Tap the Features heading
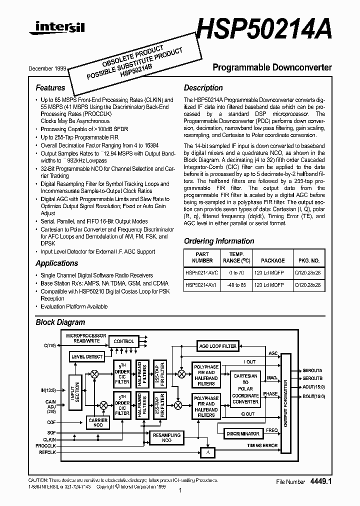(50, 88)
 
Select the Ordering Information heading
(219, 241)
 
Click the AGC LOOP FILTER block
(217, 346)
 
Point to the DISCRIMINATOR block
(242, 433)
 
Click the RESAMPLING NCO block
(166, 437)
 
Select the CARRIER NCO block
(98, 423)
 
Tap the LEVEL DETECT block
(87, 357)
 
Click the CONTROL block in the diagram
(123, 341)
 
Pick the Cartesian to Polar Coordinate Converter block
(245, 388)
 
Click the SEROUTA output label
(312, 371)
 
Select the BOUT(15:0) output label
(313, 396)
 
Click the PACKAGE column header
(273, 260)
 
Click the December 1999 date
(47, 68)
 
